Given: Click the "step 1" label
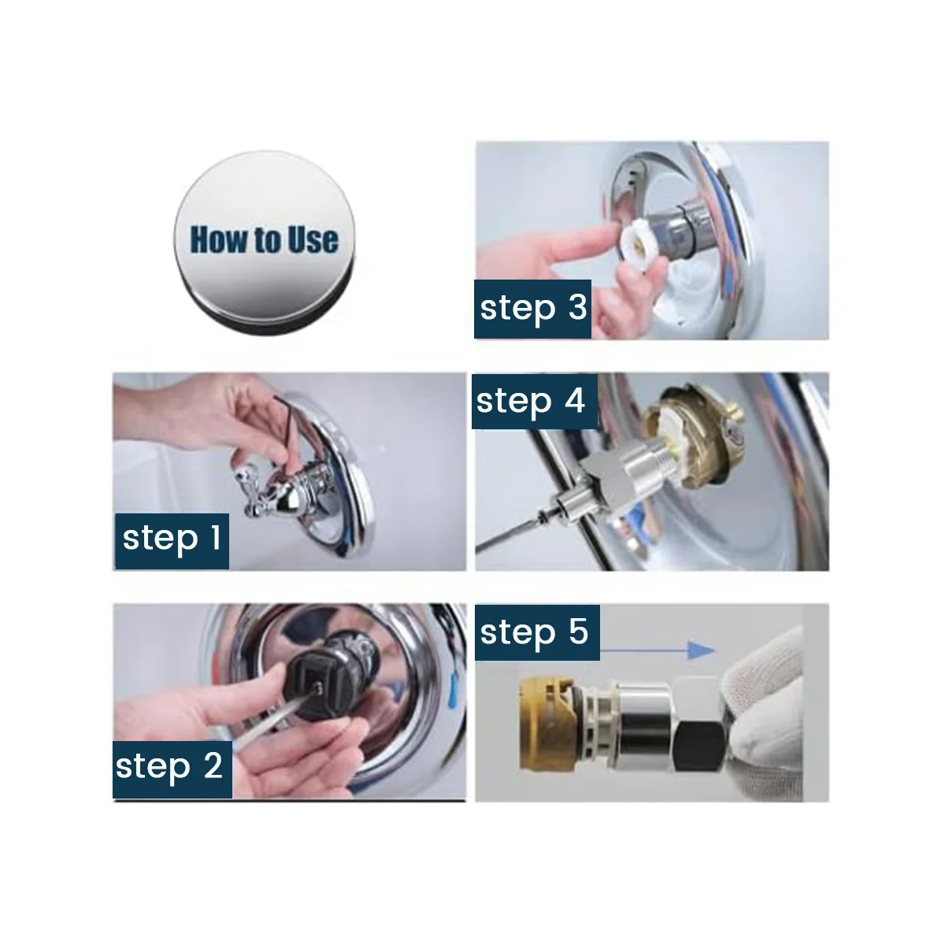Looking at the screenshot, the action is (x=172, y=540).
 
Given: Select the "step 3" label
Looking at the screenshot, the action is (x=532, y=309).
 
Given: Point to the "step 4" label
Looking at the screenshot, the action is (x=535, y=401).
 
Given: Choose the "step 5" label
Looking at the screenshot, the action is (x=537, y=632).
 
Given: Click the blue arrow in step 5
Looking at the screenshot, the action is (x=658, y=650).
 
